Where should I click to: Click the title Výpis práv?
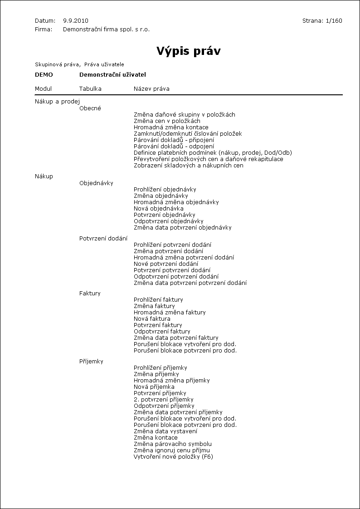(x=188, y=51)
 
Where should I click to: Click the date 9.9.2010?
(x=76, y=21)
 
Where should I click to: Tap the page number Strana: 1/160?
(x=322, y=21)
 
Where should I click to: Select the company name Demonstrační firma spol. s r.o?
(x=106, y=29)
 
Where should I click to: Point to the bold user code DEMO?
(x=44, y=75)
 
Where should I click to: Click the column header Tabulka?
(x=90, y=89)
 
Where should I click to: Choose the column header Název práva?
(x=151, y=89)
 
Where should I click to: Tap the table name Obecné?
(x=90, y=108)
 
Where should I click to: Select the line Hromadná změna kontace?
(x=171, y=127)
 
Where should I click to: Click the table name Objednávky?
(x=96, y=183)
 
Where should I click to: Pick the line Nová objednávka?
(x=159, y=209)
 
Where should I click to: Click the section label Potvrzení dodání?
(x=103, y=239)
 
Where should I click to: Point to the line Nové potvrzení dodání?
(x=166, y=264)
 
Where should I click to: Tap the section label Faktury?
(x=90, y=294)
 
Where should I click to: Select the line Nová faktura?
(x=152, y=319)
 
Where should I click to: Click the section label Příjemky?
(x=91, y=362)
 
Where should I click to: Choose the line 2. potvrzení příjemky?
(x=164, y=400)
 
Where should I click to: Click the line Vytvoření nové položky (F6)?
(x=173, y=457)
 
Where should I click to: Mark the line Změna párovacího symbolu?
(x=173, y=444)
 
